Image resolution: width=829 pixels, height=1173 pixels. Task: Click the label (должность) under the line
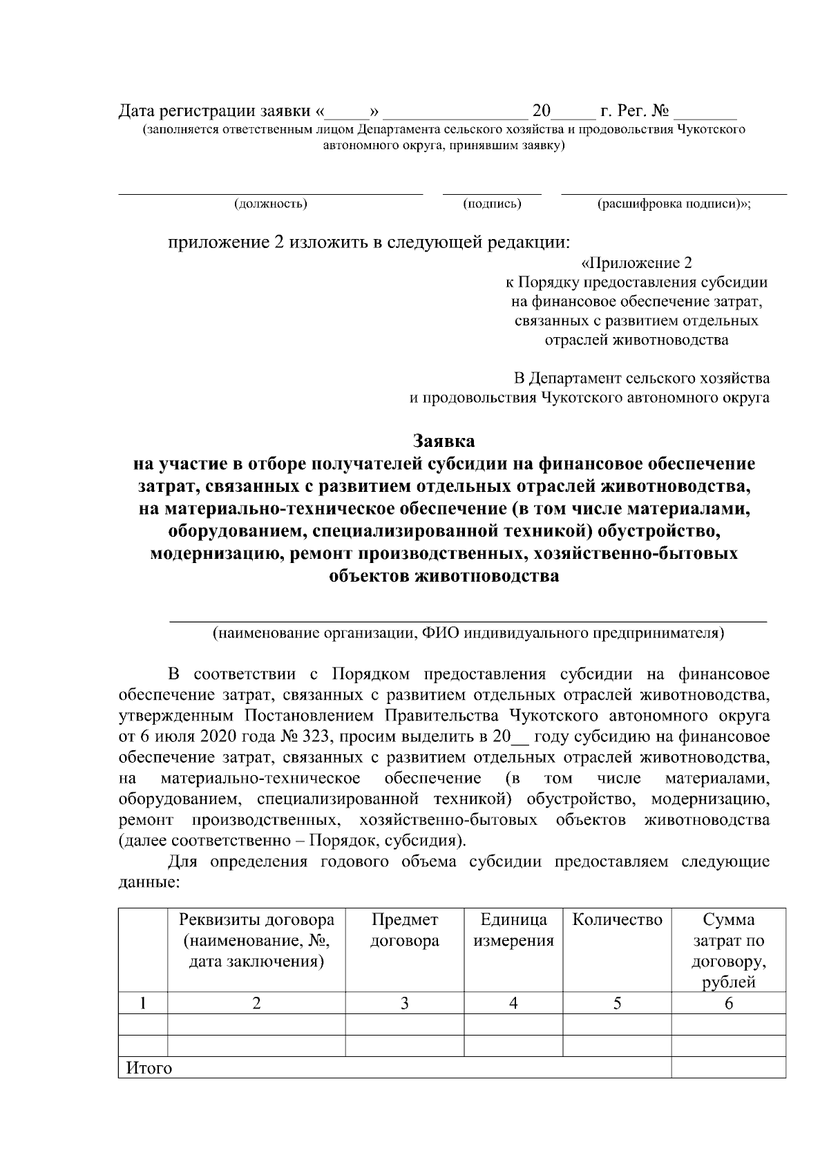(x=271, y=204)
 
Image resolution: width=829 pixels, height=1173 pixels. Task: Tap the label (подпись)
(x=492, y=204)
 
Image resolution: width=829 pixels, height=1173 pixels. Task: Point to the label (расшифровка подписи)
(x=674, y=204)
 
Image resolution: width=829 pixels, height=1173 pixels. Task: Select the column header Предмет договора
(x=405, y=930)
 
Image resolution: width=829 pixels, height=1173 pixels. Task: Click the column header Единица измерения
(x=513, y=930)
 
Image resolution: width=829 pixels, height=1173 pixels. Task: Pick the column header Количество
(x=618, y=919)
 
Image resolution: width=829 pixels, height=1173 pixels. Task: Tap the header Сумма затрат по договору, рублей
(x=728, y=951)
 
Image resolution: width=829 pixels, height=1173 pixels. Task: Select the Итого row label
(x=149, y=1069)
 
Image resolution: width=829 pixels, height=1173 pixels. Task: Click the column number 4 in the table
(x=513, y=1004)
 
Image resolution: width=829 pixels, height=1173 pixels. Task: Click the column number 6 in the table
(x=728, y=1004)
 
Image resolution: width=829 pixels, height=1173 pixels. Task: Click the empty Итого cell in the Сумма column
(x=728, y=1068)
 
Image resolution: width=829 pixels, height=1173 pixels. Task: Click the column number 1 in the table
(x=142, y=1004)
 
